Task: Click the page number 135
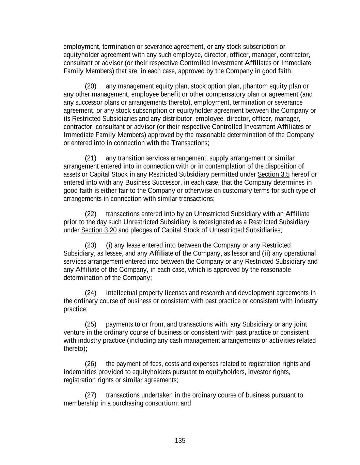180,441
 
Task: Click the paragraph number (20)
91,86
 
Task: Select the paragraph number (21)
91,158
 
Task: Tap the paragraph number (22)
91,214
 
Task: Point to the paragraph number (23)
91,245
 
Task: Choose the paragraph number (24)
91,293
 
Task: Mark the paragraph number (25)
91,324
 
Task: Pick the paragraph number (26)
91,364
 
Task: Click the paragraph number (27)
91,395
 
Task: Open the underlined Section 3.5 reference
273,174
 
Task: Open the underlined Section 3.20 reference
99,230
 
